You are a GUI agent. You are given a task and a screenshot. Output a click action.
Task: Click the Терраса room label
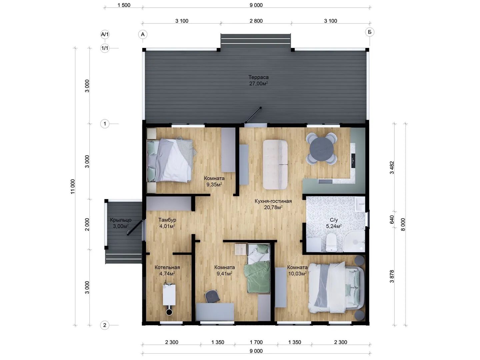click(258, 77)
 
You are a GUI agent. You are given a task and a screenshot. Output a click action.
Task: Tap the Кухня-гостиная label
click(273, 201)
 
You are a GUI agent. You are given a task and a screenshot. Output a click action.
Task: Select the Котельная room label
click(167, 267)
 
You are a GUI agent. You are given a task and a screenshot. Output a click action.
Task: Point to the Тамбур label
click(167, 220)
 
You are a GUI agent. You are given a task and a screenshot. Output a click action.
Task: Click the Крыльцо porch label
click(121, 220)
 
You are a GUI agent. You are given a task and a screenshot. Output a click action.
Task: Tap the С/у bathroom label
click(334, 220)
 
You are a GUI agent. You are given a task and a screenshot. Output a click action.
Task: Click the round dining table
click(321, 148)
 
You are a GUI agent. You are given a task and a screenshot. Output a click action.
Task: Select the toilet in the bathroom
click(331, 242)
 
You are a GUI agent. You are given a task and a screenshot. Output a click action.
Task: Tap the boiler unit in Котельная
click(169, 294)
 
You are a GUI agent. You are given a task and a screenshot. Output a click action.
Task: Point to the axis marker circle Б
click(369, 32)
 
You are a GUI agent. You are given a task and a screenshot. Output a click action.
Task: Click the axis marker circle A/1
click(105, 34)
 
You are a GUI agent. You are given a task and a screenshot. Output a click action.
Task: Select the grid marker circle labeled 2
click(105, 325)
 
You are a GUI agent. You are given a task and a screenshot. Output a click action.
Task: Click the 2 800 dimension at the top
click(256, 21)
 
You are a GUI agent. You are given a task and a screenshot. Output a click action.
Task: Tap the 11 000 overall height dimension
click(73, 186)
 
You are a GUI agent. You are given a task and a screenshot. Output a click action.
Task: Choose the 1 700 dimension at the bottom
click(256, 342)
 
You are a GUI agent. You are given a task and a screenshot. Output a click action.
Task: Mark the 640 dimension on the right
click(392, 219)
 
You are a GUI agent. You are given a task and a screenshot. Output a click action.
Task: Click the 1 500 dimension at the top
click(124, 5)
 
